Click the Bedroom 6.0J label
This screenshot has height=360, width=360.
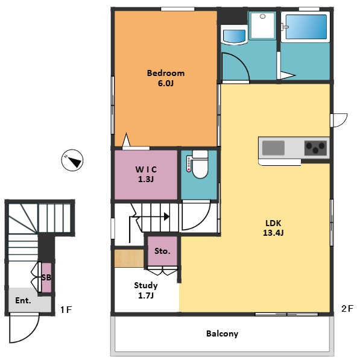(166, 78)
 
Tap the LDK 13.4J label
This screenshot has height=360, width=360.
(273, 228)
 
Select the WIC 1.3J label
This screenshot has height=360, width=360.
(146, 174)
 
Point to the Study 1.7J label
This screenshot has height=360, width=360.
(146, 290)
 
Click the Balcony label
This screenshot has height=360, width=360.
(222, 333)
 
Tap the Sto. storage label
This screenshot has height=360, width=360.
(162, 251)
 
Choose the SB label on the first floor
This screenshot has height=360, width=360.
(46, 277)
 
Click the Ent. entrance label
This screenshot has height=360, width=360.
(23, 300)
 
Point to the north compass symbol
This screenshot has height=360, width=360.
(72, 160)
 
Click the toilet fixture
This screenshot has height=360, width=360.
(199, 165)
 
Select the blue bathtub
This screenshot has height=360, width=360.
(306, 27)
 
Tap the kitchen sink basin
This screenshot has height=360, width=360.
(273, 148)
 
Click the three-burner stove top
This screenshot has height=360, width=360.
(316, 148)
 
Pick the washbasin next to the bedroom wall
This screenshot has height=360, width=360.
(235, 35)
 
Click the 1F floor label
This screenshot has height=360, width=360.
(66, 310)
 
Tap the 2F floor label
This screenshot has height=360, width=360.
(347, 309)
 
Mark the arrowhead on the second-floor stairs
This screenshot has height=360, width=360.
(167, 216)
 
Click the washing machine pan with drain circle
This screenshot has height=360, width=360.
(262, 25)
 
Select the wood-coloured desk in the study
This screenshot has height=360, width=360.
(129, 259)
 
